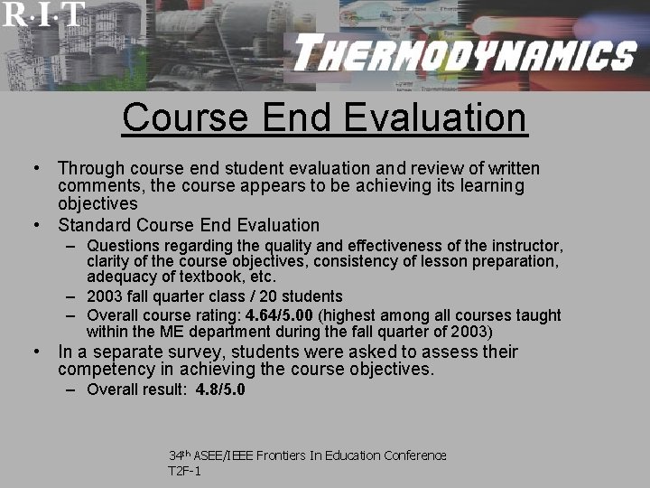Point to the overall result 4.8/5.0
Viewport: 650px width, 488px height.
pos(220,389)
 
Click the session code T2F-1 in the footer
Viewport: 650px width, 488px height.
pos(184,471)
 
